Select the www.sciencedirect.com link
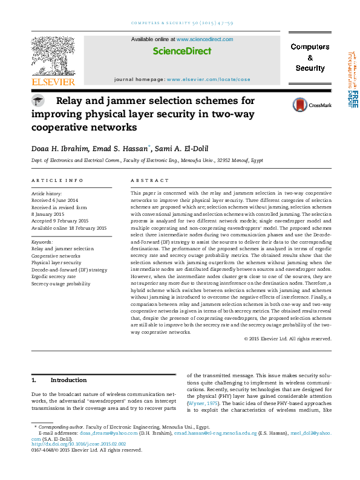coord(205,39)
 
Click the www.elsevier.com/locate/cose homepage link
coord(208,79)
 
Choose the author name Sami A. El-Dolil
coord(181,148)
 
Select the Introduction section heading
coord(68,380)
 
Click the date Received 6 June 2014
coord(54,199)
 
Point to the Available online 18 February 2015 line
coord(68,228)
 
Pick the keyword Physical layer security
coord(56,263)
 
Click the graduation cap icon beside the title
coord(38,102)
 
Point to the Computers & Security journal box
coord(310,57)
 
